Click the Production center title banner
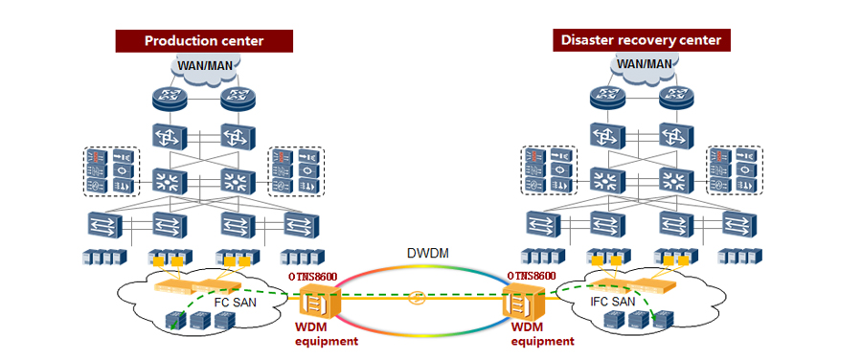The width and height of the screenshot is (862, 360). point(203,40)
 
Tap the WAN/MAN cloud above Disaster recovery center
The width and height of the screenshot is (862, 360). point(643,64)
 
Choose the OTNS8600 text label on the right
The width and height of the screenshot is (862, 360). point(531,276)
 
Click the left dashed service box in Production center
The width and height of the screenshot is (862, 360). point(111,170)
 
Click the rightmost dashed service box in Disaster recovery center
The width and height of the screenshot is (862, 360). point(734,170)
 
